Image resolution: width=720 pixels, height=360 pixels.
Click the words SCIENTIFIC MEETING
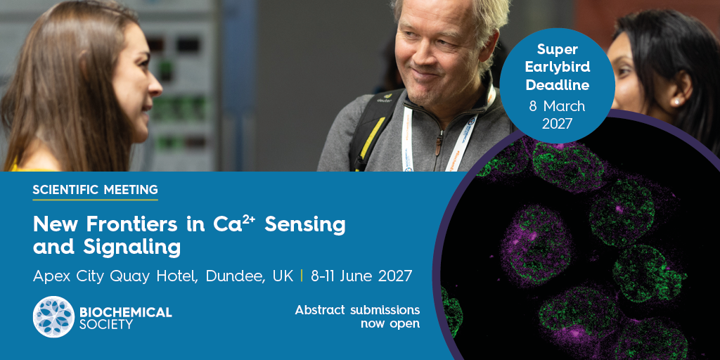[x=95, y=189]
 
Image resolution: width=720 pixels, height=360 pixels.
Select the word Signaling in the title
[x=131, y=248]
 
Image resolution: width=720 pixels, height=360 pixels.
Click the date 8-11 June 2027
[x=361, y=276]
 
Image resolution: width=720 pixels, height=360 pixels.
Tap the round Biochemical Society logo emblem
[x=53, y=317]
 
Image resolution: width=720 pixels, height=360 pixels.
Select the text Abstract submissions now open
[x=357, y=317]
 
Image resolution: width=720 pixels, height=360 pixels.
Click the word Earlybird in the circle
[x=558, y=67]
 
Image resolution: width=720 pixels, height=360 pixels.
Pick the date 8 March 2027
[x=557, y=115]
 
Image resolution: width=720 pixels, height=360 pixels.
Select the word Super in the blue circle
[x=558, y=49]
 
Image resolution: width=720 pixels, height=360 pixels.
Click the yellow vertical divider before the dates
[x=302, y=276]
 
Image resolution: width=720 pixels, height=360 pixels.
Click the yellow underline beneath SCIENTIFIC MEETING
[x=95, y=200]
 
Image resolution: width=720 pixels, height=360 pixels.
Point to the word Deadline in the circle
[x=558, y=85]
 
